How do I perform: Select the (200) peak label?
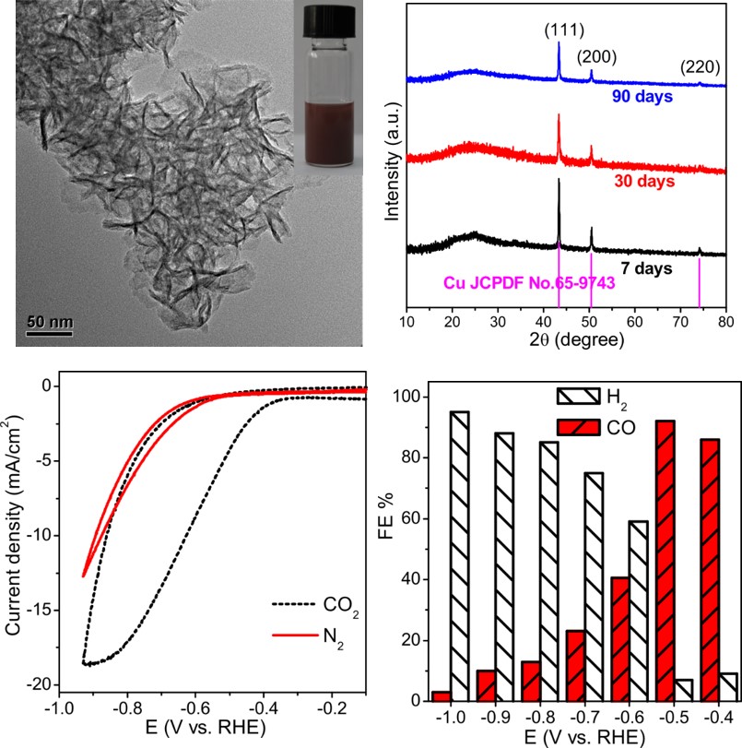click(x=597, y=57)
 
